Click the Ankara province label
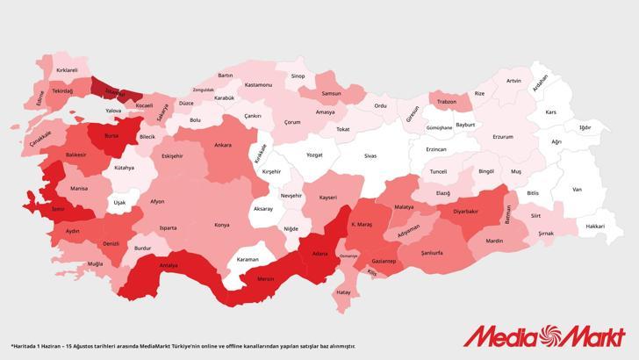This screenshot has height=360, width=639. click(223, 145)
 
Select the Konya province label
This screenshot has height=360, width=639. click(221, 225)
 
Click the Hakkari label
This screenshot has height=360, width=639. click(595, 226)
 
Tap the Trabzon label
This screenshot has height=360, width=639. click(447, 102)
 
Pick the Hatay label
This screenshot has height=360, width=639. click(343, 291)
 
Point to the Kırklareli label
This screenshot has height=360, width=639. click(68, 69)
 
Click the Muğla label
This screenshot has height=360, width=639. click(95, 263)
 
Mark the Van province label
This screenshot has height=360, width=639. click(577, 189)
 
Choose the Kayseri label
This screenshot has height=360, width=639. click(328, 198)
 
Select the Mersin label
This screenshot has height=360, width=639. click(266, 279)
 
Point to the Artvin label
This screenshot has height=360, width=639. click(513, 81)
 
